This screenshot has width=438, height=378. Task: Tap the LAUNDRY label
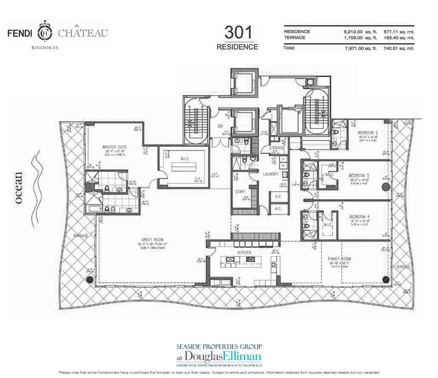click(270, 174)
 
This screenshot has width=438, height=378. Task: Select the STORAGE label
click(276, 148)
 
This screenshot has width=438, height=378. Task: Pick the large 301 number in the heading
click(237, 33)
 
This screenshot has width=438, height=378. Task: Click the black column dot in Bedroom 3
click(385, 187)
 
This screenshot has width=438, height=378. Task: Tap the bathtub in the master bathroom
click(93, 209)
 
